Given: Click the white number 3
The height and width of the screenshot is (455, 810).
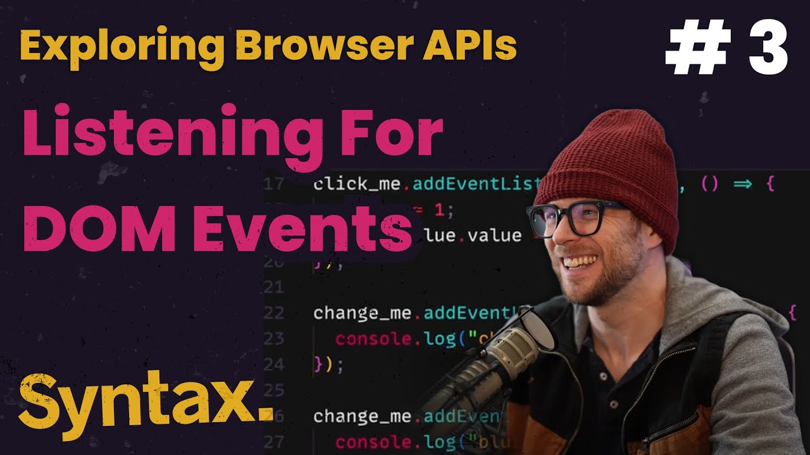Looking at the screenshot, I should (768, 49).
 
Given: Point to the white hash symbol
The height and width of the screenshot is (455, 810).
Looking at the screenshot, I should (695, 49).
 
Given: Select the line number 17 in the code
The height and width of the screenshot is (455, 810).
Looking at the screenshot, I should (274, 185).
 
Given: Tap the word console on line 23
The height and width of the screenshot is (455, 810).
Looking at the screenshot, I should (373, 339).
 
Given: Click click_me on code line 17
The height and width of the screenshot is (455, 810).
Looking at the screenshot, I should (358, 185).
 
